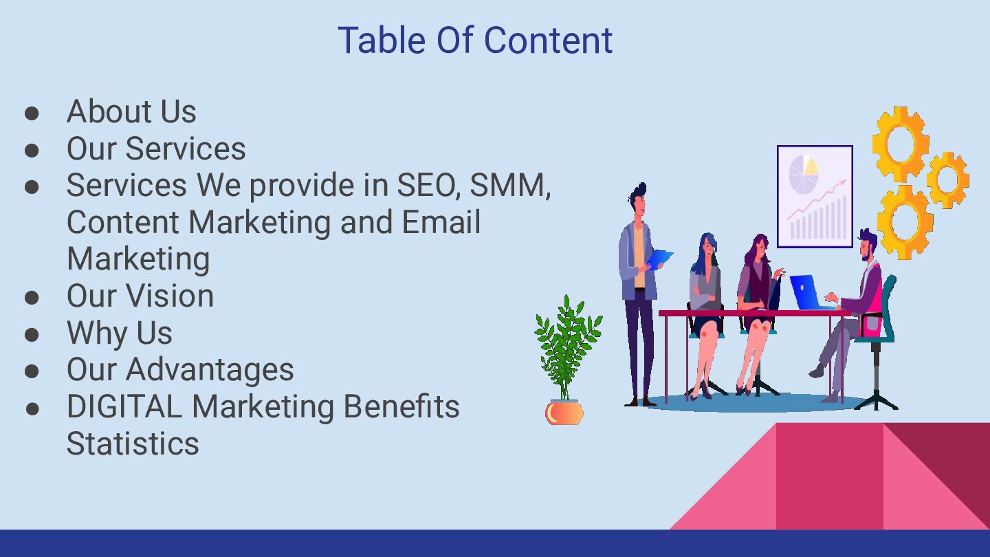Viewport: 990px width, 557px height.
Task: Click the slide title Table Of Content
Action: click(475, 40)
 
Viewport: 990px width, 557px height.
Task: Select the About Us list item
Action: click(131, 111)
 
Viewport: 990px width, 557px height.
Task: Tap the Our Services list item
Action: click(156, 149)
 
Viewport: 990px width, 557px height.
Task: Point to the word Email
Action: click(441, 222)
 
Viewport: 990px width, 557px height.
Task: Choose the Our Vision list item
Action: click(140, 296)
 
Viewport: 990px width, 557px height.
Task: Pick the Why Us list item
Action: click(120, 333)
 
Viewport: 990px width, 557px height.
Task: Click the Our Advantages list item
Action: click(180, 369)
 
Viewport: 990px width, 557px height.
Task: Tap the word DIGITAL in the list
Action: click(124, 406)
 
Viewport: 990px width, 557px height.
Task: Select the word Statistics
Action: click(133, 444)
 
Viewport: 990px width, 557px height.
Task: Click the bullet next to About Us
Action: click(32, 113)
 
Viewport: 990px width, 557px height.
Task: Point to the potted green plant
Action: click(568, 347)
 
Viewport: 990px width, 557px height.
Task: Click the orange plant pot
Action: click(564, 413)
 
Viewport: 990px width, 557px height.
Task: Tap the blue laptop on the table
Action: click(805, 293)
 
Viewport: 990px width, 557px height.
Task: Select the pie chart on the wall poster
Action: click(803, 174)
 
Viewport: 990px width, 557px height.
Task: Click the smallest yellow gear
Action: click(948, 179)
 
